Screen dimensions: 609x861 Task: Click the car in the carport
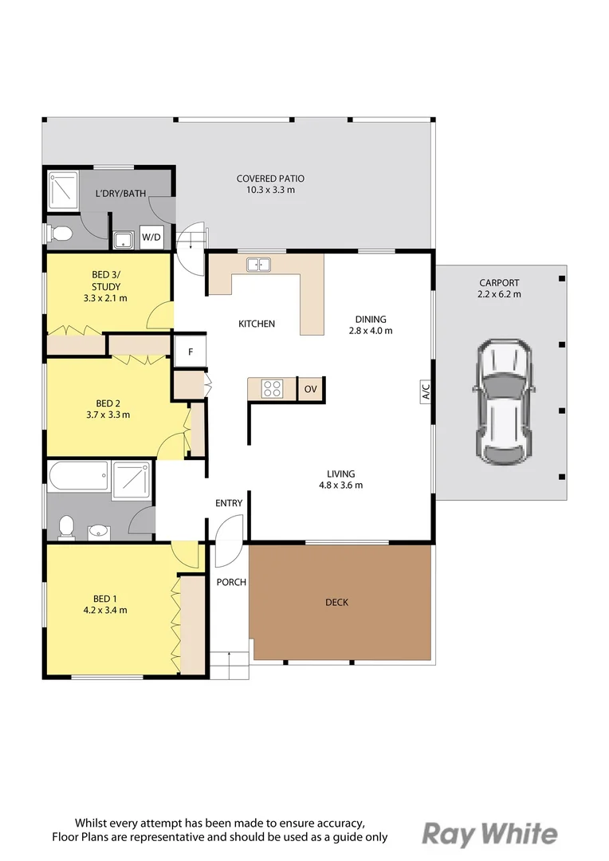pos(503,401)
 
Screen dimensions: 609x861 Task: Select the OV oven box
pos(310,389)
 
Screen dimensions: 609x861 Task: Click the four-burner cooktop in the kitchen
pos(272,389)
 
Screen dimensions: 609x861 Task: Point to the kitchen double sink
pos(258,265)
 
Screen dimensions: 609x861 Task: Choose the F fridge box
pos(190,352)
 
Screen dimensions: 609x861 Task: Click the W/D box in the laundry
pos(151,238)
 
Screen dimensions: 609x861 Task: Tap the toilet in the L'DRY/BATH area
pos(59,234)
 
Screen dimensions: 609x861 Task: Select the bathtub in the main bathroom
pos(79,476)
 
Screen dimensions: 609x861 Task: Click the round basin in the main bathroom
pos(100,532)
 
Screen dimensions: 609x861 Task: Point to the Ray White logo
pos(490,835)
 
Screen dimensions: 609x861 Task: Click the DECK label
pos(336,603)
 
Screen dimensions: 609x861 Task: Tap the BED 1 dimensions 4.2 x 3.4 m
pos(105,610)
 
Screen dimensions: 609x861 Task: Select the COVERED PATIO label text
pos(270,179)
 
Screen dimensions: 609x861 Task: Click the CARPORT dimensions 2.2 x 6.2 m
pos(499,294)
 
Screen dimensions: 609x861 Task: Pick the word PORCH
pos(231,582)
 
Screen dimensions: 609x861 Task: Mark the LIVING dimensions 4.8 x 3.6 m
pos(341,486)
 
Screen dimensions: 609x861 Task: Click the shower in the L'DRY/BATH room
pos(63,190)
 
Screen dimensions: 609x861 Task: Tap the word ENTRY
pos(229,503)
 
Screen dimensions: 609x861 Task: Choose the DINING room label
pos(371,319)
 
